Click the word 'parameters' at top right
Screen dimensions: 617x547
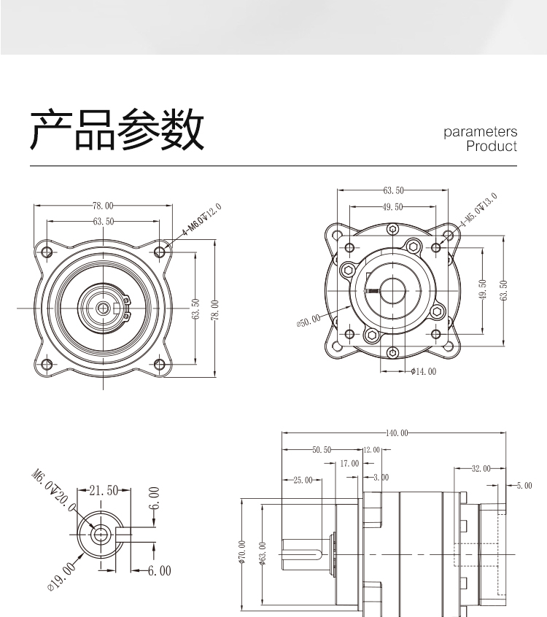(x=480, y=132)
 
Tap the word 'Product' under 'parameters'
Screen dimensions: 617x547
(x=491, y=146)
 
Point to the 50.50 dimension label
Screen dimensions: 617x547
(x=322, y=450)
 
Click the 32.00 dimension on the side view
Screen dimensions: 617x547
(x=481, y=467)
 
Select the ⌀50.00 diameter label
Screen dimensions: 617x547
(x=309, y=321)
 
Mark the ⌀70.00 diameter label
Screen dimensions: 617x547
(x=242, y=552)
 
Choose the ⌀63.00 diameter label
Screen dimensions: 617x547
(x=263, y=552)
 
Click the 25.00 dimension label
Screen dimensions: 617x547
(x=302, y=481)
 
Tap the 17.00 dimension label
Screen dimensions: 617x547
(x=349, y=464)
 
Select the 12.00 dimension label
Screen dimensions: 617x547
(x=371, y=450)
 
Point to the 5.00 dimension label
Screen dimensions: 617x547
(x=524, y=485)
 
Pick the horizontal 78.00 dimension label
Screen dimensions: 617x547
(x=103, y=206)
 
